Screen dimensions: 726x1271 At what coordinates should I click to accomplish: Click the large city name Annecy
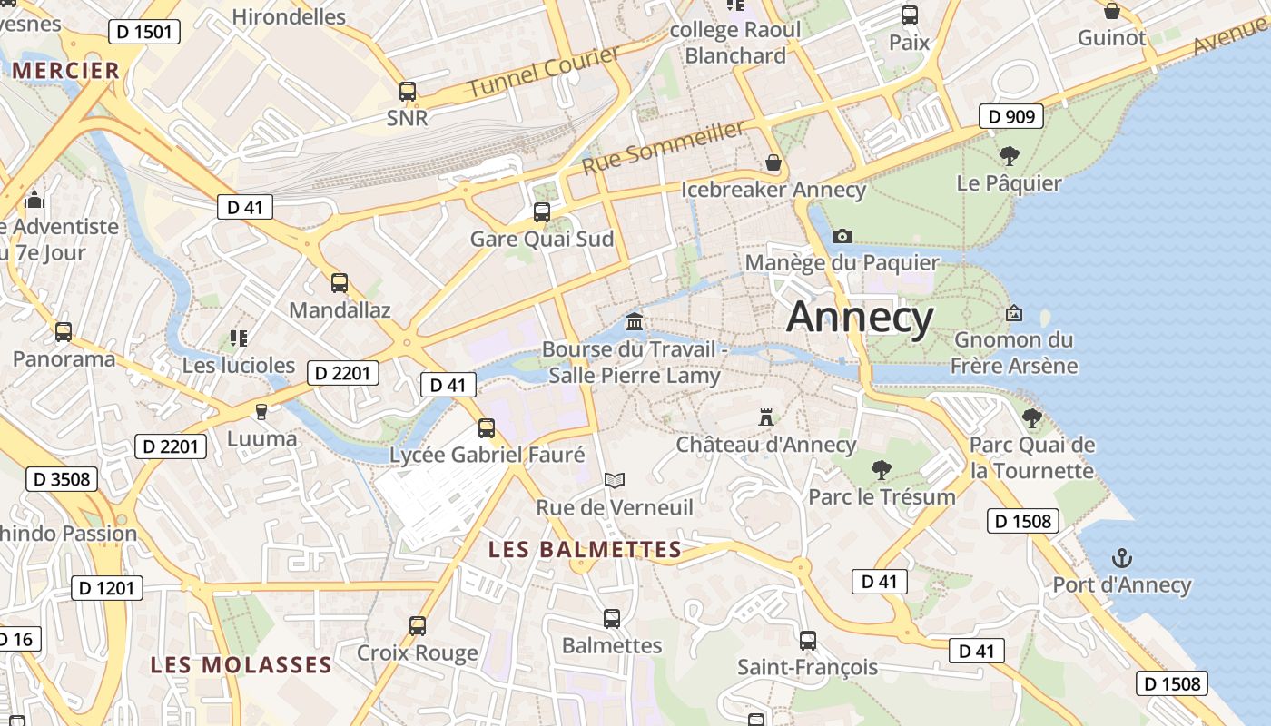click(859, 318)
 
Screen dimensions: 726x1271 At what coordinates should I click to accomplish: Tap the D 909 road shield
click(1011, 116)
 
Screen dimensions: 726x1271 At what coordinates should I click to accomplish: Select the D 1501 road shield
click(144, 33)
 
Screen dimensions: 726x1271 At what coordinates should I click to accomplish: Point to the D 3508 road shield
click(62, 478)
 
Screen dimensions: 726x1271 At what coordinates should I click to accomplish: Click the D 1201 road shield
click(107, 588)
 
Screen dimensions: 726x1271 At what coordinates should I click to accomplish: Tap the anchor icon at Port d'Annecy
click(1122, 557)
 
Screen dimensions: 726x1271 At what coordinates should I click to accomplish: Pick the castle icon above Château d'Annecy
click(766, 417)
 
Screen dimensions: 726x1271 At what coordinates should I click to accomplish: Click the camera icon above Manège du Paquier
click(842, 236)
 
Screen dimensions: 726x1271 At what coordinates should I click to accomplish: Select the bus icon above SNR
click(408, 91)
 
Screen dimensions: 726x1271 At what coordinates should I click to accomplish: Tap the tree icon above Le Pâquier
click(1009, 156)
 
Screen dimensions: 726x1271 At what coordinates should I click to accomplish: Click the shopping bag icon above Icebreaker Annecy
click(773, 162)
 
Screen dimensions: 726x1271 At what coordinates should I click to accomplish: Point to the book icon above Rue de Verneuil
click(615, 480)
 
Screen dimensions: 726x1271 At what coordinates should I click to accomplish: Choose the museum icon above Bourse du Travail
click(635, 322)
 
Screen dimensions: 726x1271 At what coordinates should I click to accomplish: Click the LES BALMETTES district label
click(585, 549)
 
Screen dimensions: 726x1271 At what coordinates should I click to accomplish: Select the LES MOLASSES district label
click(241, 664)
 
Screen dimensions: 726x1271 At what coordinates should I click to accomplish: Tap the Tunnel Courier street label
click(544, 72)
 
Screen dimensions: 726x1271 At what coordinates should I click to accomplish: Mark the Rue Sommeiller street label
click(663, 148)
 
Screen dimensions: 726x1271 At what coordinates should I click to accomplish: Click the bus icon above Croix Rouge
click(418, 625)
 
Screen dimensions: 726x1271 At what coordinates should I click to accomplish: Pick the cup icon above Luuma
click(261, 412)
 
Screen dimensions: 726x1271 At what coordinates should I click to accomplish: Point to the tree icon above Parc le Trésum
click(881, 469)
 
